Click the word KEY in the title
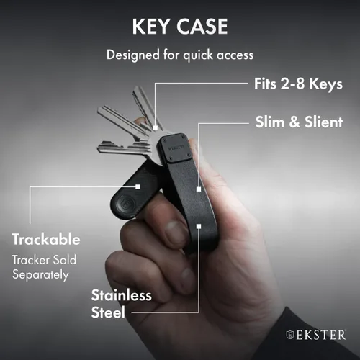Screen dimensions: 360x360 150,27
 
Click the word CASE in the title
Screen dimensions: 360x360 202,27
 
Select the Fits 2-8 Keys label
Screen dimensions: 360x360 298,84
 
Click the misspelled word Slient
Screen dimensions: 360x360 323,122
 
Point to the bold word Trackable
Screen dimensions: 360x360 46,239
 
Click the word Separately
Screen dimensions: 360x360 40,274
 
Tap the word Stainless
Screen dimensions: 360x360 121,295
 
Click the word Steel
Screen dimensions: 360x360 108,312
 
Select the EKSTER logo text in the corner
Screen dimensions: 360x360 321,335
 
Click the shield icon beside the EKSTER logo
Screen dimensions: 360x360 290,335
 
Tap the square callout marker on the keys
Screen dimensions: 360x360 156,128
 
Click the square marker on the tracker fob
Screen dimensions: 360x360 138,186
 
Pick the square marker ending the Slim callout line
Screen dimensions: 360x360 199,189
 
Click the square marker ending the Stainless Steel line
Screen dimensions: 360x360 199,226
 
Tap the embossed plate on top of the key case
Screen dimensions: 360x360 176,148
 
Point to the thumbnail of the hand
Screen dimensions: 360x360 176,233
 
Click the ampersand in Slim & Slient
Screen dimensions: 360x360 294,122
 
